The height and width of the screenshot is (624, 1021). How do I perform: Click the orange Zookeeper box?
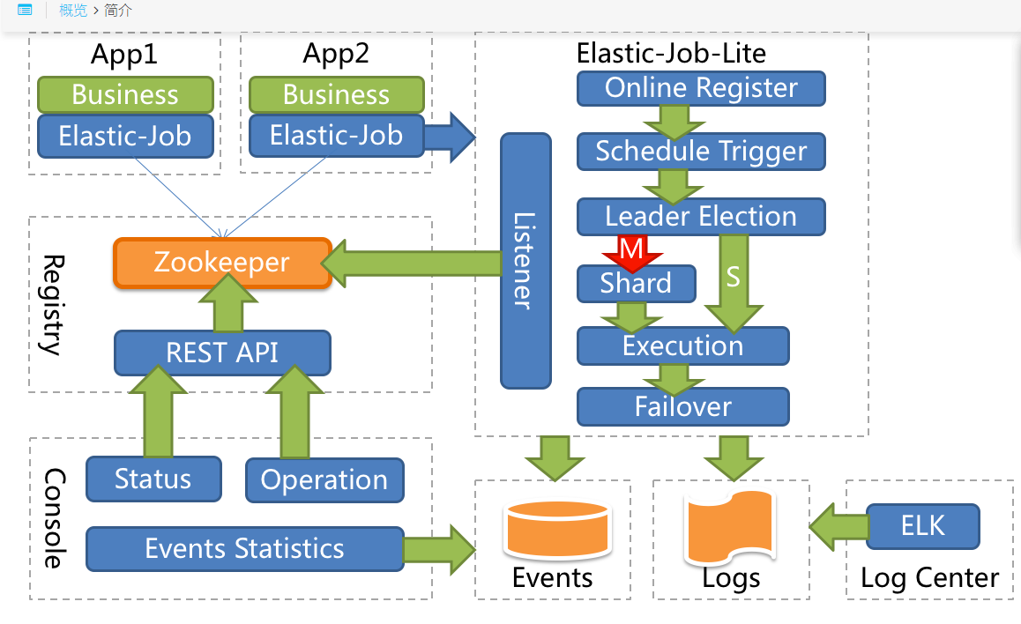[222, 263]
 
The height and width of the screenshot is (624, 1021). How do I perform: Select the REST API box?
[222, 353]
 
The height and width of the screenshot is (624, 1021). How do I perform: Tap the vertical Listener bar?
[525, 261]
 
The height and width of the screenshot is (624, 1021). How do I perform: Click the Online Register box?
[701, 88]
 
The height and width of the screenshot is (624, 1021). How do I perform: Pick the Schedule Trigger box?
[701, 152]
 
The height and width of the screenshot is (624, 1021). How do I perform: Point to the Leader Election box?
[701, 217]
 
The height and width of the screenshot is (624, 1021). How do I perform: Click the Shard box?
[636, 284]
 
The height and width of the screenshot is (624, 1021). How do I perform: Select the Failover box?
[682, 406]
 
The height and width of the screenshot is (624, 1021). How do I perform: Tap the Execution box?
[682, 345]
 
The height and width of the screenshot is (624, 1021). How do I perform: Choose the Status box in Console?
[153, 479]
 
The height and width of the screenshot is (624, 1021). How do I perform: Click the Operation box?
[324, 480]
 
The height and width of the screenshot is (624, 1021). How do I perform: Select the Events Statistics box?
[244, 549]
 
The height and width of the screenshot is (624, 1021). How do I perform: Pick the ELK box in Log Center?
[923, 526]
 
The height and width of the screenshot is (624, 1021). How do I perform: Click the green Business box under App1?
[125, 94]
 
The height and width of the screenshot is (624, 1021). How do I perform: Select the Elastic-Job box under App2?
[336, 136]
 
